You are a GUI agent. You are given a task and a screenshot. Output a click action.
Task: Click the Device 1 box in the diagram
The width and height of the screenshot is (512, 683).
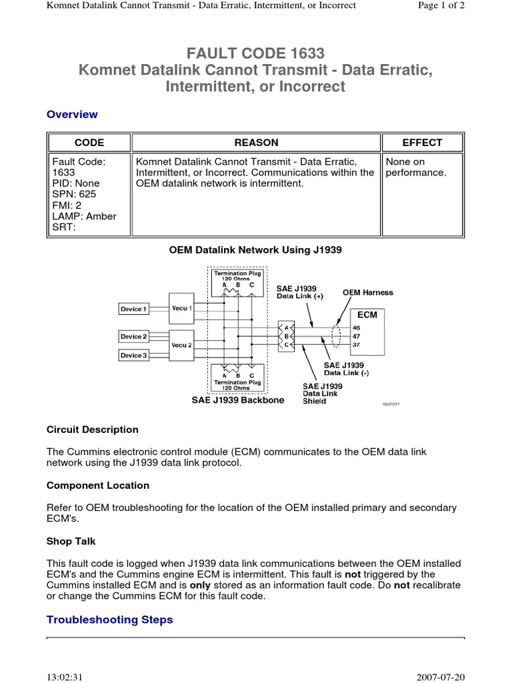click(x=134, y=309)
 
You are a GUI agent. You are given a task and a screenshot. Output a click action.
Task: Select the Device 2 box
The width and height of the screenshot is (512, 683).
click(x=134, y=336)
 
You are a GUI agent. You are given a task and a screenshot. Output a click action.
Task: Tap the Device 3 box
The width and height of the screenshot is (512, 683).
click(x=134, y=356)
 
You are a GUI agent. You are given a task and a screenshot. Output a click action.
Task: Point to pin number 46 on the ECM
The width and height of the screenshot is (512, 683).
click(x=356, y=327)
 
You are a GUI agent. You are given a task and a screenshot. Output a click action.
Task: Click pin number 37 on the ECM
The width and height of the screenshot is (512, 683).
click(x=356, y=345)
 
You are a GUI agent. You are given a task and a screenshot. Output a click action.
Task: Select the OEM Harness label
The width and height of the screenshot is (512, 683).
click(x=368, y=292)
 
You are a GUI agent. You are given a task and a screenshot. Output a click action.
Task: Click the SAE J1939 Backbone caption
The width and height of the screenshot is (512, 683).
click(x=238, y=400)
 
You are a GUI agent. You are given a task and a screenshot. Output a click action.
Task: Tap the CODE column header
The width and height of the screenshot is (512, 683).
click(x=89, y=142)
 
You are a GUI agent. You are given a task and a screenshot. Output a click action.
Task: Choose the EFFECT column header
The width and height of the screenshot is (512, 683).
click(x=422, y=142)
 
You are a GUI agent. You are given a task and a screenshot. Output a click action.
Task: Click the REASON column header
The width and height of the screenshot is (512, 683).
click(x=256, y=142)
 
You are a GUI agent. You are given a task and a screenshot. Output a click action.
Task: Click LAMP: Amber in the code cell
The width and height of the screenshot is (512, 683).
click(x=84, y=216)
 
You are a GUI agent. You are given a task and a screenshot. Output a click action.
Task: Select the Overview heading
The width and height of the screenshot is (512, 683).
click(x=72, y=114)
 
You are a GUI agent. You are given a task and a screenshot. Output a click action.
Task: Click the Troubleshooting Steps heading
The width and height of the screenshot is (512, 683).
click(x=109, y=620)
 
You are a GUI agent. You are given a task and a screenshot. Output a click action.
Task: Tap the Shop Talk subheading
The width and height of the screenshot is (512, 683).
click(x=71, y=541)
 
